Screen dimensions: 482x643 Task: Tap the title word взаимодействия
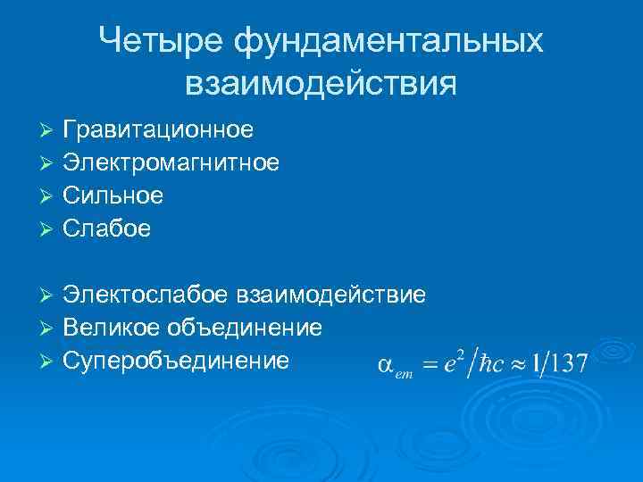tap(321, 83)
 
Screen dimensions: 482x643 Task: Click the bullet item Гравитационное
tap(158, 130)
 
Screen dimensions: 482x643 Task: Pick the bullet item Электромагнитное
tap(171, 163)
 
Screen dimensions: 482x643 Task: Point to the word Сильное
tap(113, 195)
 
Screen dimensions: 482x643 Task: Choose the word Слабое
tap(107, 229)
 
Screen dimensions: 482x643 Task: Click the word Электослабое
tap(147, 294)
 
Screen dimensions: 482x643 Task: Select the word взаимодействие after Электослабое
tap(332, 294)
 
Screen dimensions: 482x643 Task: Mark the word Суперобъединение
tap(176, 360)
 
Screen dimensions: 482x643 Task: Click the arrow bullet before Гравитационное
tap(48, 131)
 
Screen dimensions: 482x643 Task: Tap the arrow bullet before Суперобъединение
tap(48, 361)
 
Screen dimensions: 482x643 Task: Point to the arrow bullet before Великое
tap(48, 328)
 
